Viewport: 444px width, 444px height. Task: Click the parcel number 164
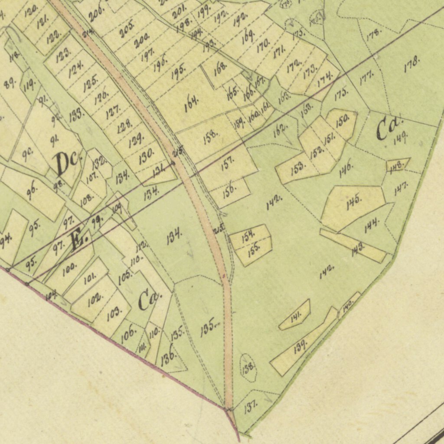pyautogui.click(x=191, y=102)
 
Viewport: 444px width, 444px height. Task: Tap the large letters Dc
pyautogui.click(x=67, y=163)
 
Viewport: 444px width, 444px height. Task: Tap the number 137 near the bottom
pyautogui.click(x=250, y=407)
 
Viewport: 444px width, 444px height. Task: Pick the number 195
pyautogui.click(x=178, y=71)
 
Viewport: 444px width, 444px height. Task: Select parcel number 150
pyautogui.click(x=342, y=119)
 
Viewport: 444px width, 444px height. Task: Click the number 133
pyautogui.click(x=76, y=114)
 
